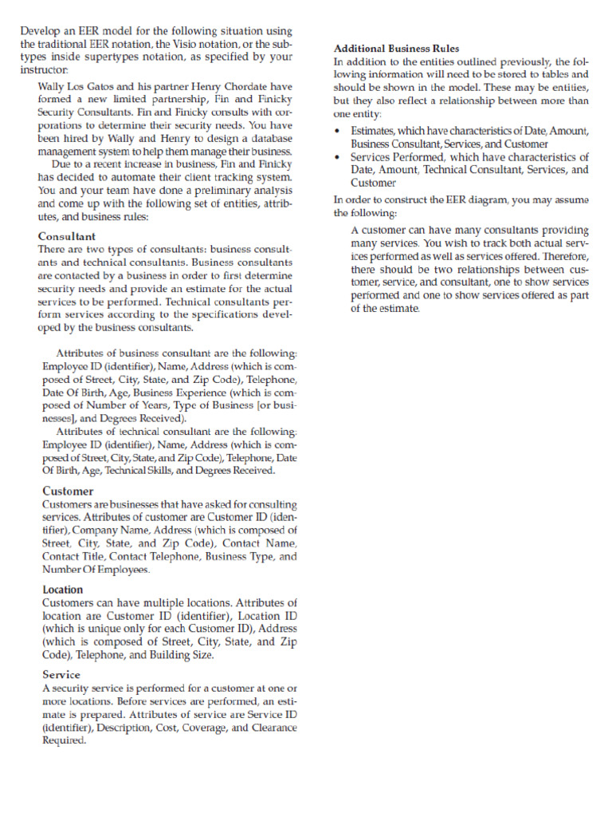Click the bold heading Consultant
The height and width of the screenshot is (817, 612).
click(x=67, y=237)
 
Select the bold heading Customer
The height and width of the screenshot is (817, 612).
click(x=68, y=491)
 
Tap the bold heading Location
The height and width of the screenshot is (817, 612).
click(x=62, y=590)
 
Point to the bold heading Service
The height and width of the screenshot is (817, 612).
click(x=61, y=674)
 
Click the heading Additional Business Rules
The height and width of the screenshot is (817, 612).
click(x=396, y=49)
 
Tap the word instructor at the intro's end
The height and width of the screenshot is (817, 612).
click(x=48, y=70)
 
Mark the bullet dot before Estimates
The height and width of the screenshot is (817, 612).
click(x=339, y=131)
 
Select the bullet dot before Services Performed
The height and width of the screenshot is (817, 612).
click(x=339, y=157)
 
